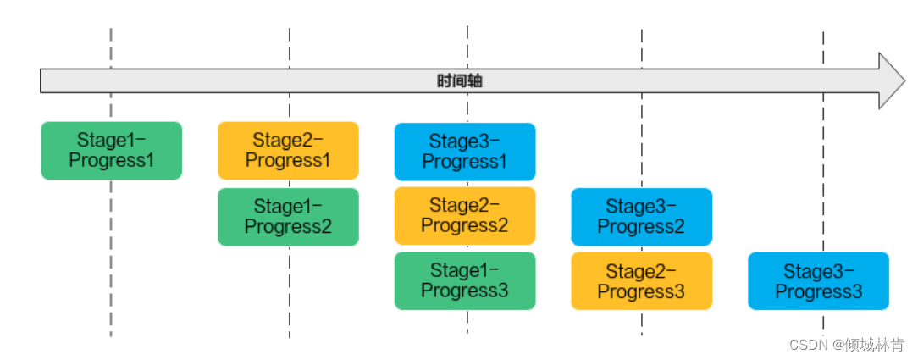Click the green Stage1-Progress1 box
tap(111, 150)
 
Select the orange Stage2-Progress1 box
tap(288, 150)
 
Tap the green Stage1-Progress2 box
tap(288, 217)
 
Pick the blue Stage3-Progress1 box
tap(464, 152)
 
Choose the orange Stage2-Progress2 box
tap(464, 215)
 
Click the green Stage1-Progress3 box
tap(464, 280)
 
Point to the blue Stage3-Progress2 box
tap(641, 217)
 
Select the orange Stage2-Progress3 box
tap(641, 281)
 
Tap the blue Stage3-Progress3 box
tap(818, 281)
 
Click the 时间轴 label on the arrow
tap(460, 81)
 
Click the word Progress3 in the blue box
tap(818, 292)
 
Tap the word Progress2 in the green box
tap(288, 227)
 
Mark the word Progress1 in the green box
tap(111, 160)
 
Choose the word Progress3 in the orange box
tap(641, 292)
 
